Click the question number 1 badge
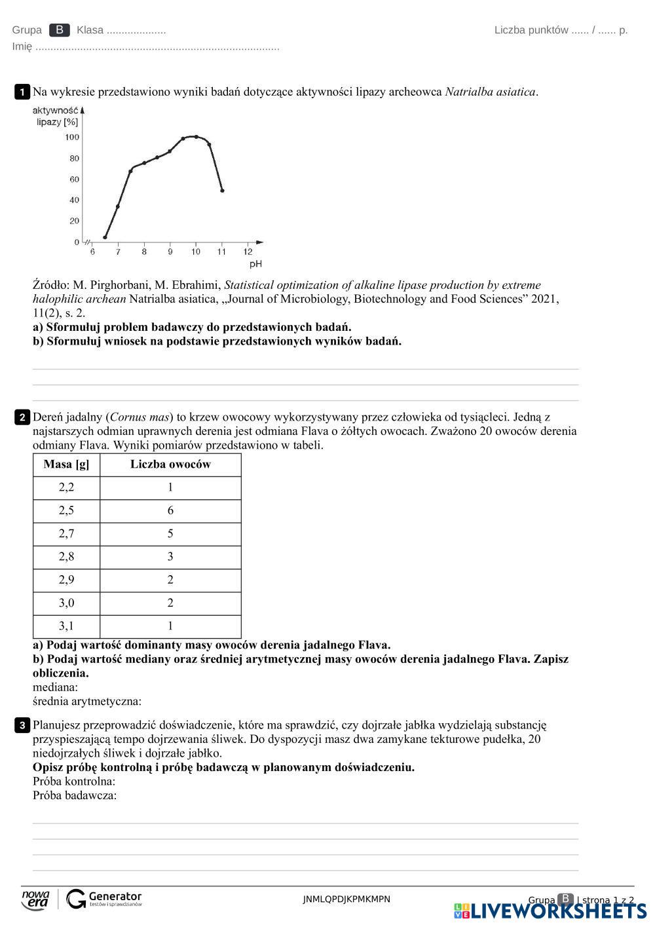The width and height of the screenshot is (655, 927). pyautogui.click(x=22, y=92)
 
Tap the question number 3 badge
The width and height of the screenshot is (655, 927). pyautogui.click(x=22, y=725)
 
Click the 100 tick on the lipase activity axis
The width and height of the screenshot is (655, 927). pyautogui.click(x=72, y=137)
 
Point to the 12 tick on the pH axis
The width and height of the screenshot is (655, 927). pyautogui.click(x=248, y=252)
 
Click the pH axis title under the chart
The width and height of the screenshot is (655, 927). pyautogui.click(x=255, y=264)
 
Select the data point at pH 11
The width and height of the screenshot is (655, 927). pyautogui.click(x=222, y=191)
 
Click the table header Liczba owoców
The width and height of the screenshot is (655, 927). pyautogui.click(x=170, y=464)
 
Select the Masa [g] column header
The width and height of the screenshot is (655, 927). pyautogui.click(x=66, y=464)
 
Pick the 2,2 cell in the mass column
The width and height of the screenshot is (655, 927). pyautogui.click(x=66, y=487)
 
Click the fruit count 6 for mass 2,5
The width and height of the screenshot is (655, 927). pyautogui.click(x=170, y=510)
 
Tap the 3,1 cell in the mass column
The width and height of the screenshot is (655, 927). pyautogui.click(x=66, y=626)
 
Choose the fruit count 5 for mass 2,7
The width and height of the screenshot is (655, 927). pyautogui.click(x=170, y=533)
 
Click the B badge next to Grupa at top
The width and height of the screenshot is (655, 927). pyautogui.click(x=60, y=30)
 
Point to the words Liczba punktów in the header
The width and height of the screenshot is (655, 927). pyautogui.click(x=531, y=30)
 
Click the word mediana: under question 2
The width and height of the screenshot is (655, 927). pyautogui.click(x=55, y=687)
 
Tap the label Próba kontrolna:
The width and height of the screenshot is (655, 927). pyautogui.click(x=74, y=781)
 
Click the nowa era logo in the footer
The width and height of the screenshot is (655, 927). pyautogui.click(x=35, y=899)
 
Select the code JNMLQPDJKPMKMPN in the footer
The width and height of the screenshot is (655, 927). pyautogui.click(x=346, y=899)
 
